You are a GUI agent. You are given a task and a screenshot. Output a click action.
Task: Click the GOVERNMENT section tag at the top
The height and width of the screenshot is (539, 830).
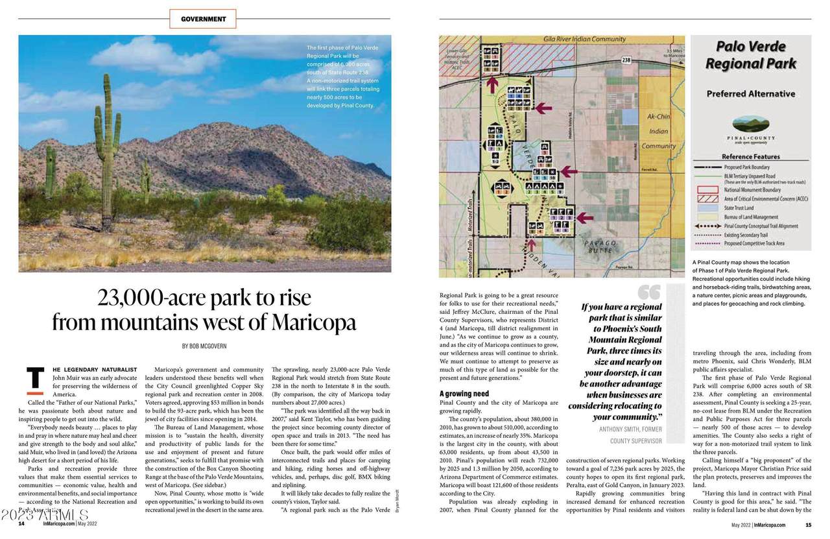pyautogui.click(x=204, y=19)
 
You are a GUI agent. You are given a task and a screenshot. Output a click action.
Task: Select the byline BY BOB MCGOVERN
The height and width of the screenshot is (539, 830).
pyautogui.click(x=204, y=346)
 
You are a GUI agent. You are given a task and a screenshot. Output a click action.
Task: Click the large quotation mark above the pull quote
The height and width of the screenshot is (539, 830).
pyautogui.click(x=648, y=293)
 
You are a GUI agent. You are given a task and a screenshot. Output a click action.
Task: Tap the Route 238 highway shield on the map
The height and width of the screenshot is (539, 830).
pyautogui.click(x=626, y=60)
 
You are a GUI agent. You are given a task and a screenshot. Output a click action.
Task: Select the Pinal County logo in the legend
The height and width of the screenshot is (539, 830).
pyautogui.click(x=751, y=130)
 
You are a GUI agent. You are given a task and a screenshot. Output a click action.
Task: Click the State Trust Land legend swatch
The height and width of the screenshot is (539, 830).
pyautogui.click(x=707, y=208)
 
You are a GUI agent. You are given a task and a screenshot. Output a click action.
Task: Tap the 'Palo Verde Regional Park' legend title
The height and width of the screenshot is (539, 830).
pyautogui.click(x=751, y=55)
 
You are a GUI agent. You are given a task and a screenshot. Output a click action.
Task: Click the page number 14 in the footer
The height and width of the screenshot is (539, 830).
pyautogui.click(x=21, y=524)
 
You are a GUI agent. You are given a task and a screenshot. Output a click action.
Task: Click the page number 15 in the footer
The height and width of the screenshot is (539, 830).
pyautogui.click(x=808, y=524)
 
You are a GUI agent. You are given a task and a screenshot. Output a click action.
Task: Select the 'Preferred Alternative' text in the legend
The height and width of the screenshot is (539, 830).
pyautogui.click(x=750, y=93)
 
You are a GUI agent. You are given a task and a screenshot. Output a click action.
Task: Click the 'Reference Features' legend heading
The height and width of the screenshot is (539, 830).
pyautogui.click(x=751, y=156)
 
